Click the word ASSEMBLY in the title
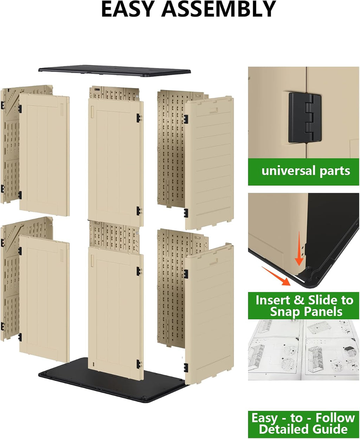tap(219, 9)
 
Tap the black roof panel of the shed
tap(115, 71)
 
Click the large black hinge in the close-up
tap(304, 118)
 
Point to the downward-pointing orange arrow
tap(299, 248)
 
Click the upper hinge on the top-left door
tap(20, 109)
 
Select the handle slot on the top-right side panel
tap(213, 110)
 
